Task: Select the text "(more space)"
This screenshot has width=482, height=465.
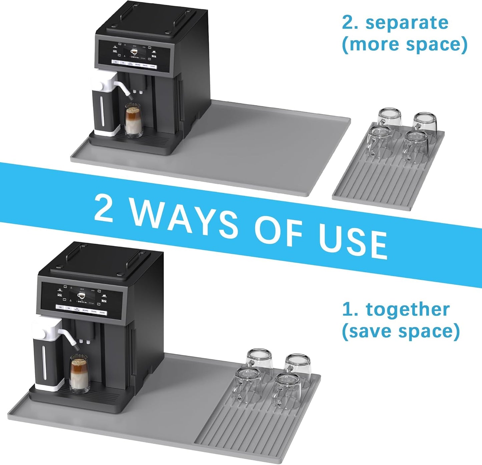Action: click(x=404, y=44)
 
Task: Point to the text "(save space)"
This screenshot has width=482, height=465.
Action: click(x=401, y=331)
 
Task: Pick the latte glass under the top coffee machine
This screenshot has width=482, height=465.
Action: click(x=133, y=121)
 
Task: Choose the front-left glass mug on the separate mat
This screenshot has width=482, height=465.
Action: click(x=378, y=142)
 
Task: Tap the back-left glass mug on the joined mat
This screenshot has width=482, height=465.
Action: click(x=259, y=363)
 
